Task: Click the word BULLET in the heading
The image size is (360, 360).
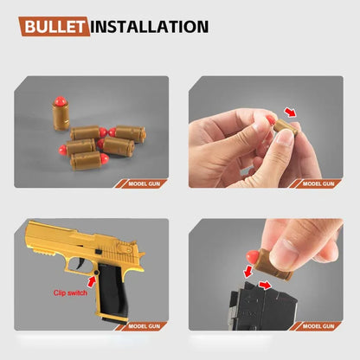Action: [55, 26]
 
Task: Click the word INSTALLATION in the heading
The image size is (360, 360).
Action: [149, 26]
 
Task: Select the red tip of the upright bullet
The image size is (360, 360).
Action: [58, 102]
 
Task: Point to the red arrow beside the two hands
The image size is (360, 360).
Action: [291, 112]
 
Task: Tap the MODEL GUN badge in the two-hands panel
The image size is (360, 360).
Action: [321, 183]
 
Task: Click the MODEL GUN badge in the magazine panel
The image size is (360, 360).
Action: [321, 326]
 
